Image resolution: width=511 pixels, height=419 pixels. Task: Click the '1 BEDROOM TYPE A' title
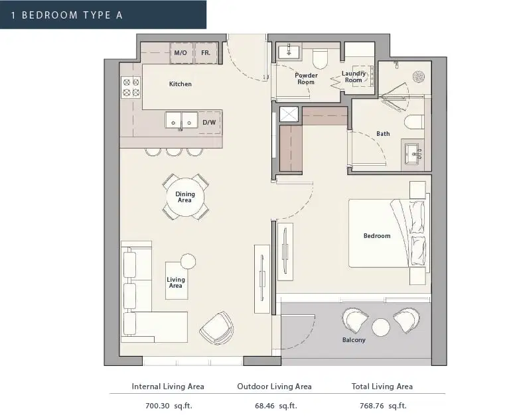click(67, 15)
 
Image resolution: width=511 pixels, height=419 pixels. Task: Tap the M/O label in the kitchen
click(179, 52)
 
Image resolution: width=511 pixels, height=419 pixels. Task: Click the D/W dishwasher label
click(209, 122)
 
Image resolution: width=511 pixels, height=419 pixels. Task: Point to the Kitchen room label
click(180, 84)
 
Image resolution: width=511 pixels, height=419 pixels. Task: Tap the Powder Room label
click(306, 78)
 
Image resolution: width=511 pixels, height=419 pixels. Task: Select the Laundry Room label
click(354, 77)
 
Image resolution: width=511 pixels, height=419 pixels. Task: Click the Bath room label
click(383, 134)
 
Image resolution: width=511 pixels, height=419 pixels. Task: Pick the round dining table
click(185, 198)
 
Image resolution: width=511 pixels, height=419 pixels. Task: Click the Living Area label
click(176, 282)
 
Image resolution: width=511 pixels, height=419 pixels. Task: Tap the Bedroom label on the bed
click(377, 235)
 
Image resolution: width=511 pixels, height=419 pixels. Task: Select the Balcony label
click(354, 340)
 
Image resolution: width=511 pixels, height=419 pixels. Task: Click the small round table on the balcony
click(380, 327)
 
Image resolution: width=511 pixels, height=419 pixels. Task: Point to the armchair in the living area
click(216, 328)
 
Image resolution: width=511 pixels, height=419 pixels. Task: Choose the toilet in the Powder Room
click(319, 59)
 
